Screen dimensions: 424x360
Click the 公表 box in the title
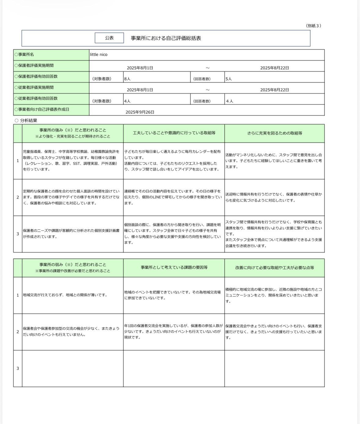(109, 38)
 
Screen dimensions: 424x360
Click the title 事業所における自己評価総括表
(166, 38)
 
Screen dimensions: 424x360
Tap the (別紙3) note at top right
(313, 26)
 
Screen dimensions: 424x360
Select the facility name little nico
(99, 55)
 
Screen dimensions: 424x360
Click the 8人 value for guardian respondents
(127, 79)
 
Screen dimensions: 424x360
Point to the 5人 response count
(229, 79)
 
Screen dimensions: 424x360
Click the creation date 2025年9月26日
(140, 112)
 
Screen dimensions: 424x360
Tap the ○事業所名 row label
(24, 55)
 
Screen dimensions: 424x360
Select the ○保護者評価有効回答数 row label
(36, 76)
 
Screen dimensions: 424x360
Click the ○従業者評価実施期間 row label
(34, 87)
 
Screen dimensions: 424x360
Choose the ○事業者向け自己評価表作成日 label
(42, 109)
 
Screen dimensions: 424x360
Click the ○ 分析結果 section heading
(26, 120)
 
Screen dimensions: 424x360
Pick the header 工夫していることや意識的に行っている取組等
(174, 133)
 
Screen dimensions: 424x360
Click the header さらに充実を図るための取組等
(275, 133)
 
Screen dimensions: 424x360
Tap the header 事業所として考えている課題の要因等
(174, 268)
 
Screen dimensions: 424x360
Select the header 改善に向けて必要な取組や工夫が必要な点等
(275, 268)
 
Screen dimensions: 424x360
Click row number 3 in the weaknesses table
(18, 368)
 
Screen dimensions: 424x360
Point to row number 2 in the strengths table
(18, 197)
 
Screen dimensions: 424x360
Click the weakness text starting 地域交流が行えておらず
(65, 295)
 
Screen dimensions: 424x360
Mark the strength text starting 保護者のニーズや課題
(71, 234)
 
